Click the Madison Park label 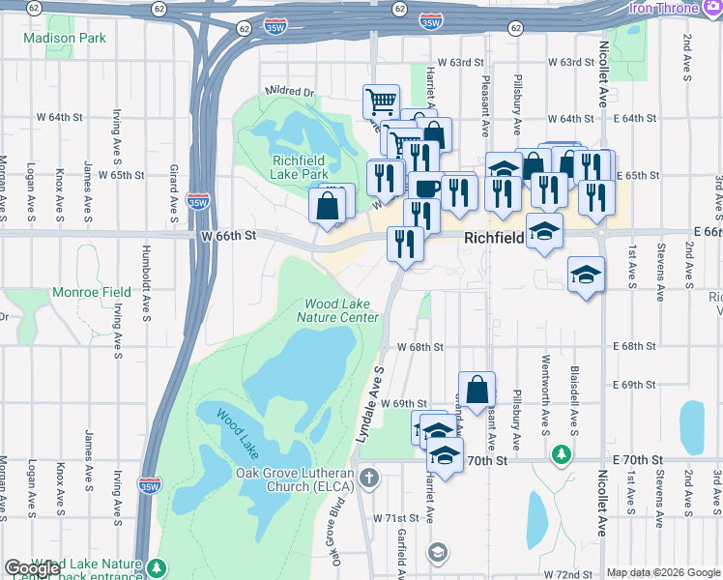64,39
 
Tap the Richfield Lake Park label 301,167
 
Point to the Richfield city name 493,237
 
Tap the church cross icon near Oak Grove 368,477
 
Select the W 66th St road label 229,236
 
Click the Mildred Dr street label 290,93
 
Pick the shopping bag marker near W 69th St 477,390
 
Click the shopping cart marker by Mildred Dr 382,101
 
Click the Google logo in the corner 32,567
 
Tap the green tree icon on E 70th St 560,453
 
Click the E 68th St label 634,346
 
